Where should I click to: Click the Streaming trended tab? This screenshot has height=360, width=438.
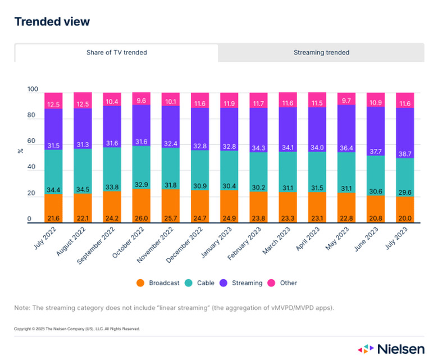[x=321, y=53]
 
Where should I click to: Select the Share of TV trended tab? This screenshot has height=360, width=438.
[x=117, y=53]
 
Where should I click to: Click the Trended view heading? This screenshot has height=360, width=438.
[x=52, y=22]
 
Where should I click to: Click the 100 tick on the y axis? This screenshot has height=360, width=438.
[x=33, y=90]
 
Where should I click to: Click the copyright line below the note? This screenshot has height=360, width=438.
[x=77, y=329]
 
